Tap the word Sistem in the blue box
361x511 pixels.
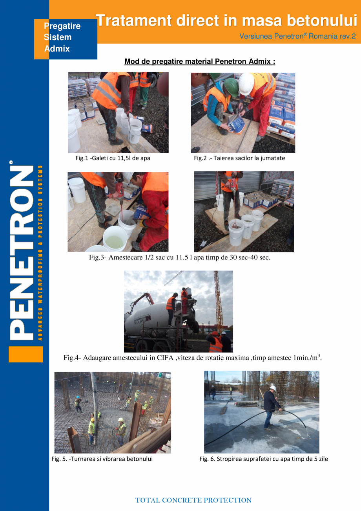pyautogui.click(x=58, y=37)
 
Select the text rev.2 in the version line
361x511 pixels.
pyautogui.click(x=348, y=36)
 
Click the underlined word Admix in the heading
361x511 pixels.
pyautogui.click(x=261, y=62)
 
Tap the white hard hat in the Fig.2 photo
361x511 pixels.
pyautogui.click(x=246, y=84)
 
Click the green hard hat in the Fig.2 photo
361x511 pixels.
pyautogui.click(x=231, y=86)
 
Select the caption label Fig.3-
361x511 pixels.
pyautogui.click(x=98, y=258)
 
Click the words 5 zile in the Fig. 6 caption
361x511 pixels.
pyautogui.click(x=320, y=459)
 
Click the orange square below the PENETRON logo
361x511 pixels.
pyautogui.click(x=26, y=354)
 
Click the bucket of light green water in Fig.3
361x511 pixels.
pyautogui.click(x=115, y=238)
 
